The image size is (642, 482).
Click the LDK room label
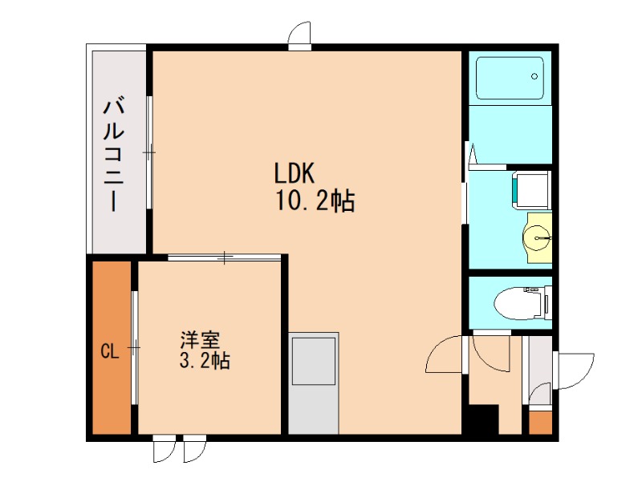298,173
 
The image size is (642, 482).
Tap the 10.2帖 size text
315,200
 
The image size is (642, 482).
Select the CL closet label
110,350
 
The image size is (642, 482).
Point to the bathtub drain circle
534,77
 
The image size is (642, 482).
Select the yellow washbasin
538,237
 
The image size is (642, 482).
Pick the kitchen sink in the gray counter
313,362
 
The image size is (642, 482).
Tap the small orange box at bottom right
540,422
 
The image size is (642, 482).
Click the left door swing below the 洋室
163,450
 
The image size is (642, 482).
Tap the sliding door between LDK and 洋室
226,257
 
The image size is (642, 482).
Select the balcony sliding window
149,152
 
